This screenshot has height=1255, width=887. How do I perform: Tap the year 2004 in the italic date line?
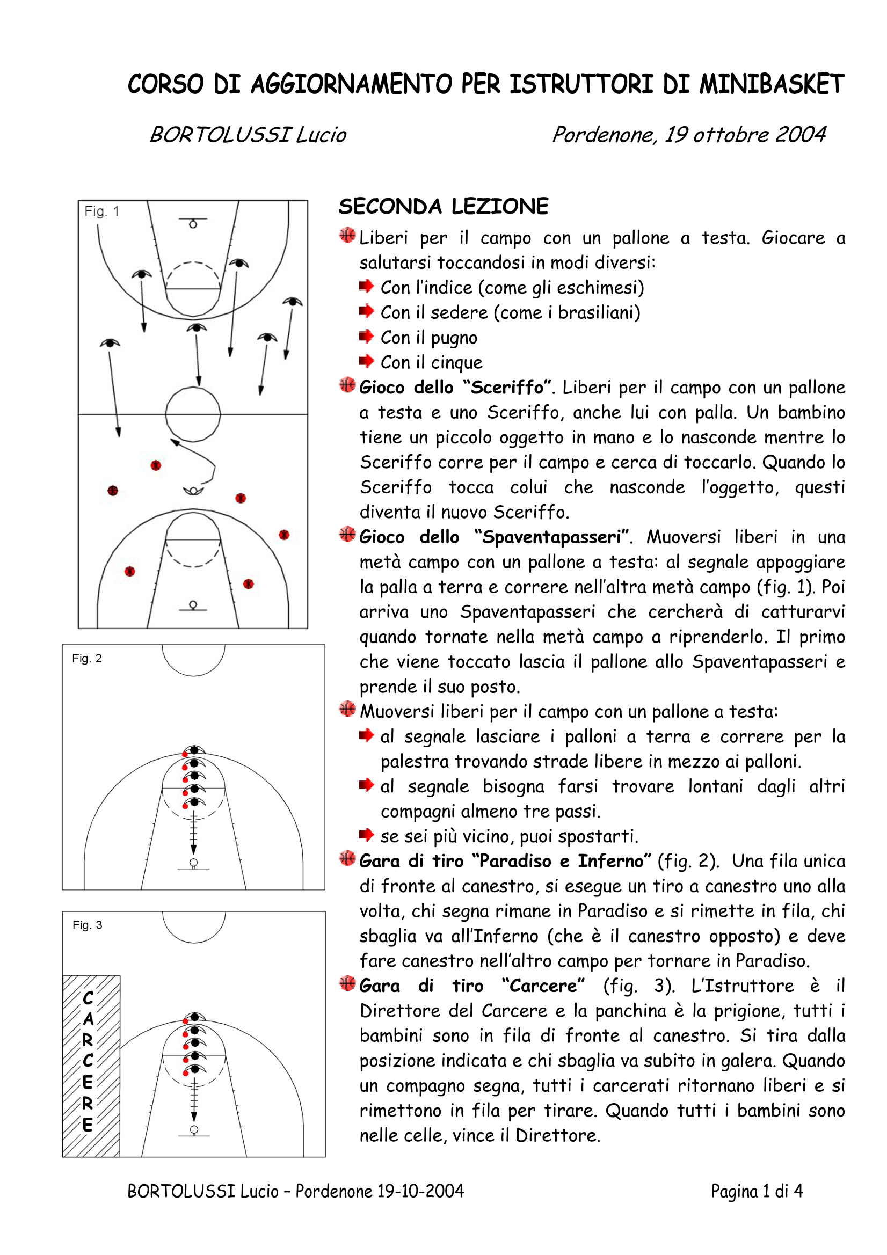tap(800, 134)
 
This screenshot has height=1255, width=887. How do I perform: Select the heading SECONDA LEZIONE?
tap(443, 207)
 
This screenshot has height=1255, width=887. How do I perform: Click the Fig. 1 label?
tap(101, 211)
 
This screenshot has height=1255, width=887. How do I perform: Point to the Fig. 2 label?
tap(87, 659)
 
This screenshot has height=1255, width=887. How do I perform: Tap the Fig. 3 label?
tap(88, 925)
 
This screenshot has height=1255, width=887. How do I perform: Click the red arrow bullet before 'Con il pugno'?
tap(366, 336)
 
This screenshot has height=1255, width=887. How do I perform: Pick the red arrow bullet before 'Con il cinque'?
tap(366, 361)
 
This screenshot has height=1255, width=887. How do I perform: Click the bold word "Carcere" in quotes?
tap(543, 986)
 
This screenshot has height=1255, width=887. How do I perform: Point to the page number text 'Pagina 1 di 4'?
tap(757, 1191)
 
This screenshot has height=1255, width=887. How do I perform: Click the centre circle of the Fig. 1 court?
tap(193, 414)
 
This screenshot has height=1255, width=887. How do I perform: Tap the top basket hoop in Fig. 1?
tap(193, 224)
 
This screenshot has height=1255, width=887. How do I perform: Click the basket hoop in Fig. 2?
tap(193, 863)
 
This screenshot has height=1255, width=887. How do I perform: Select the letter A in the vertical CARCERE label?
tap(88, 1019)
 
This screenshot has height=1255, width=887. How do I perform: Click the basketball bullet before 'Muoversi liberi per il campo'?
tap(347, 710)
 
